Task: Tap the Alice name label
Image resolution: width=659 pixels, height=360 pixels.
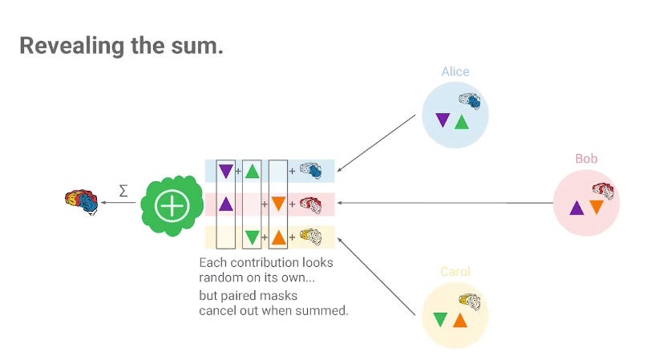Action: click(455, 71)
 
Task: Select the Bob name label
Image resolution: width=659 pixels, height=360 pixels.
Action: click(586, 158)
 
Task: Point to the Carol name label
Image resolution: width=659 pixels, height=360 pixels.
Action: click(455, 271)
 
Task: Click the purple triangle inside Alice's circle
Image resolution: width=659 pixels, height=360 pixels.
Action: click(442, 121)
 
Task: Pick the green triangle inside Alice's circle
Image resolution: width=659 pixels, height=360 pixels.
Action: click(461, 122)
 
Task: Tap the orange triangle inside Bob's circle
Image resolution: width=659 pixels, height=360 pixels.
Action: click(596, 207)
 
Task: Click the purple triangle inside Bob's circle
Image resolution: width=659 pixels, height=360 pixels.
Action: click(576, 208)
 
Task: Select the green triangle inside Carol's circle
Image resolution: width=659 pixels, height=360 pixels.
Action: click(440, 319)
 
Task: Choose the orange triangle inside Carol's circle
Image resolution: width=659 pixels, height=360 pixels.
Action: click(459, 320)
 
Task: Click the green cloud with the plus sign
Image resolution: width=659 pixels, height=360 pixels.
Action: click(170, 206)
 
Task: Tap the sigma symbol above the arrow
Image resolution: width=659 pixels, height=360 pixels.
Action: click(123, 191)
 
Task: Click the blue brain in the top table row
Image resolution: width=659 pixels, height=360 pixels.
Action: click(311, 170)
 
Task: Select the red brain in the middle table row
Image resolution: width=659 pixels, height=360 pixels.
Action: click(311, 204)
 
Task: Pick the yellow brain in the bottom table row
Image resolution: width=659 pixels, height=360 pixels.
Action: click(310, 237)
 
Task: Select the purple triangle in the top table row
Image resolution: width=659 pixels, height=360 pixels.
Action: click(225, 171)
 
